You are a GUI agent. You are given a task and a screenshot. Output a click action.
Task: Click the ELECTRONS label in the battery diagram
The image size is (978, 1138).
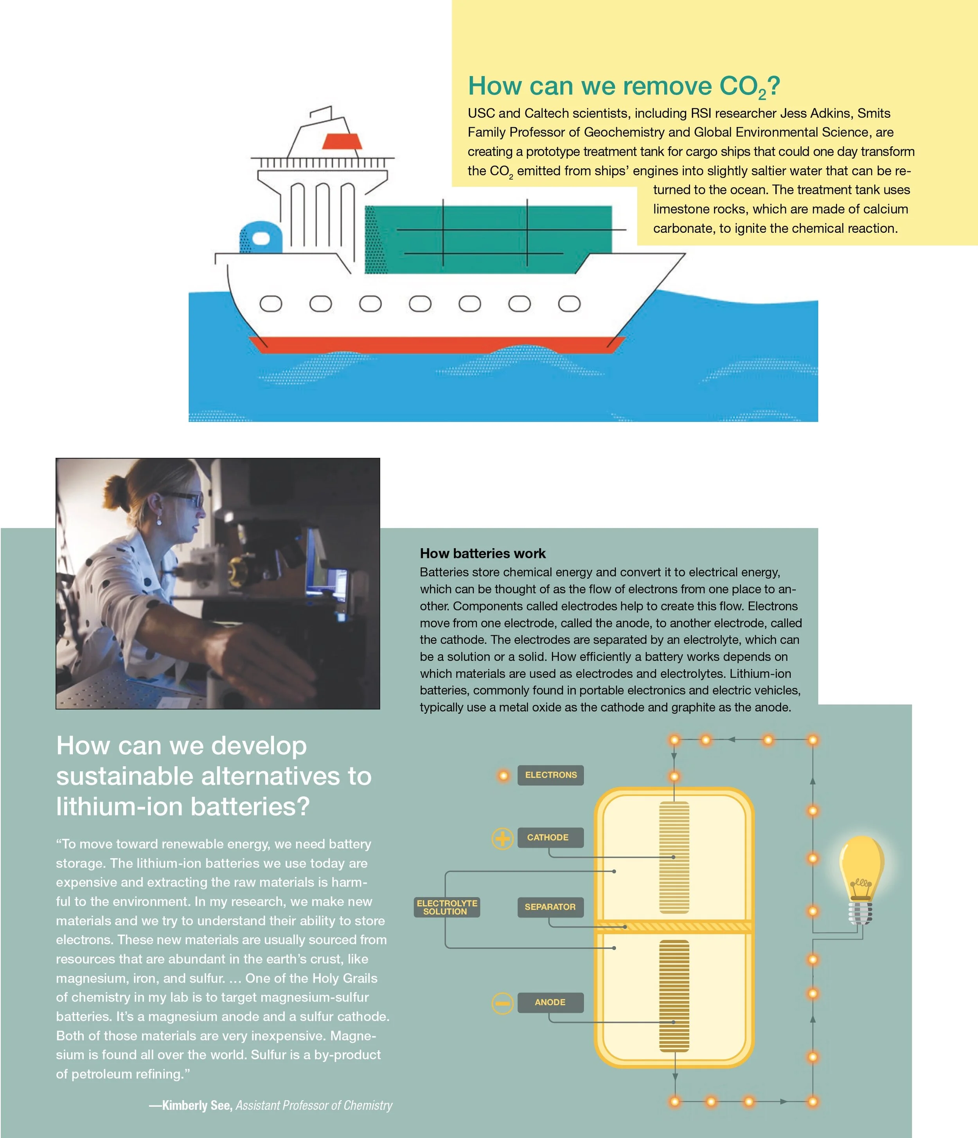click(550, 775)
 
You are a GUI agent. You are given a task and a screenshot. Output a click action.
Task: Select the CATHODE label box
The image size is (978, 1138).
click(550, 837)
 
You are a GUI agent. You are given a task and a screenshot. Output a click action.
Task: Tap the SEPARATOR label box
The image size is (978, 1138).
click(550, 907)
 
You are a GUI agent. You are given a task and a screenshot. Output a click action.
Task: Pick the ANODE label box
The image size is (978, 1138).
click(550, 1002)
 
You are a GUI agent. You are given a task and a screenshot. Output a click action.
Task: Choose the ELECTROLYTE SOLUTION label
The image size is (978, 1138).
click(446, 907)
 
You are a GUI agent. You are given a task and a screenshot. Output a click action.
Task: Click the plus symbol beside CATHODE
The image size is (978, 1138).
click(502, 838)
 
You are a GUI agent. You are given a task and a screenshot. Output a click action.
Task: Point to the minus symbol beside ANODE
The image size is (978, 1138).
click(502, 1003)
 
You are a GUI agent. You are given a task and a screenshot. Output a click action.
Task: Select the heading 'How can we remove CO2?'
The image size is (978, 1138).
click(623, 86)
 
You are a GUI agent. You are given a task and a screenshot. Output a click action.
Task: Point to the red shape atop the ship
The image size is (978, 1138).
click(342, 141)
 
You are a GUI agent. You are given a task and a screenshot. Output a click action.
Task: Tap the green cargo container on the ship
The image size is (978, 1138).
click(489, 239)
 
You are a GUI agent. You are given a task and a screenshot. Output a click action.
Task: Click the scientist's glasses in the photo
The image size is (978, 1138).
click(187, 499)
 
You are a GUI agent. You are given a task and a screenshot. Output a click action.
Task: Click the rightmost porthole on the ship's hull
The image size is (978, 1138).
click(569, 304)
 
